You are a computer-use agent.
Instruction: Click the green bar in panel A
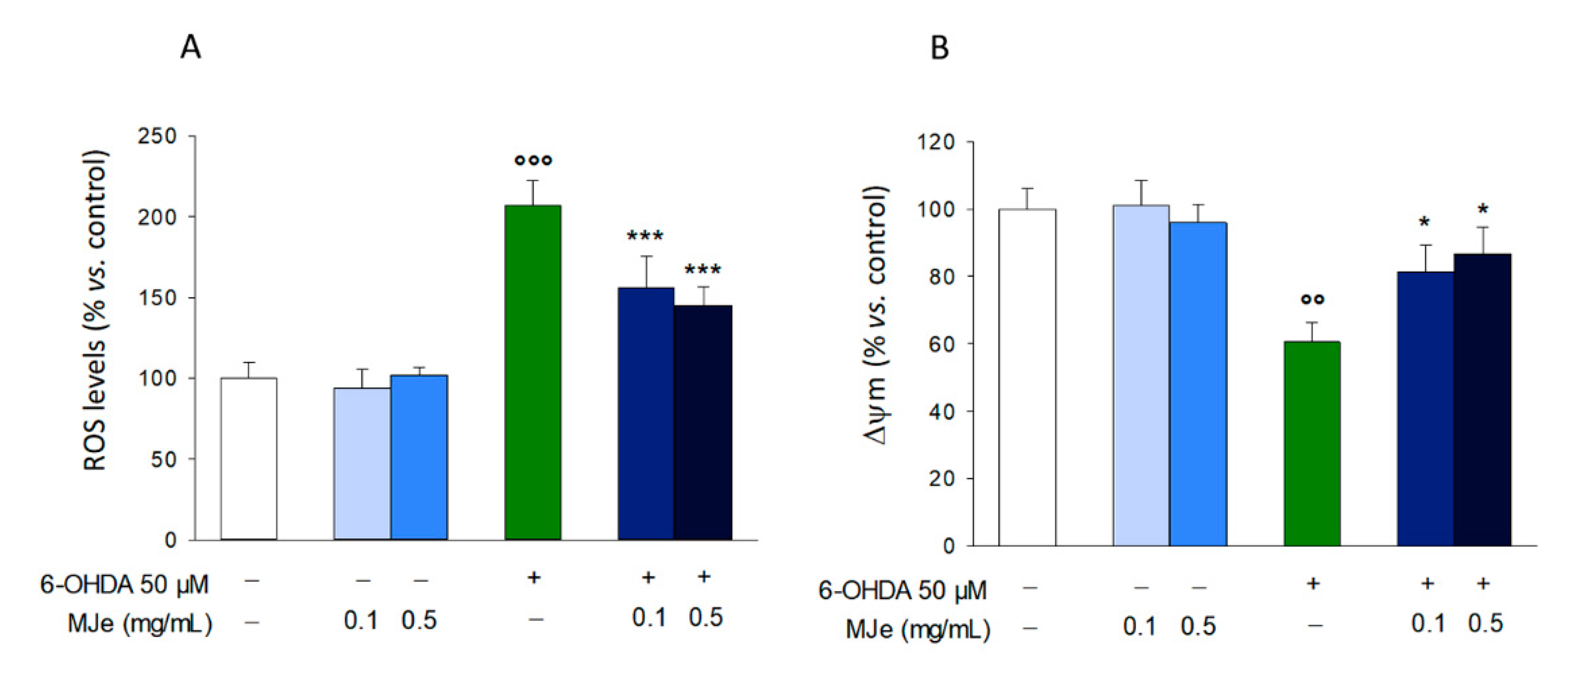click(x=532, y=373)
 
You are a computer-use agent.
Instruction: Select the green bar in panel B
click(x=1312, y=444)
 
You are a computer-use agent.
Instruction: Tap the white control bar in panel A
click(x=249, y=459)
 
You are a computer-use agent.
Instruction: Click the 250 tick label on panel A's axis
click(x=157, y=136)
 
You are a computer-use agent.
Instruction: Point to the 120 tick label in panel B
click(x=935, y=142)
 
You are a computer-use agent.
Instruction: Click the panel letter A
click(x=190, y=47)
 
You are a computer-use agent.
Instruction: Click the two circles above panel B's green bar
click(x=1313, y=299)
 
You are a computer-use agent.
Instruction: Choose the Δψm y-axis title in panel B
click(x=876, y=315)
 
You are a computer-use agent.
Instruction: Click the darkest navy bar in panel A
click(x=703, y=422)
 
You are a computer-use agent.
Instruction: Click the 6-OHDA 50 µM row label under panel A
click(x=124, y=585)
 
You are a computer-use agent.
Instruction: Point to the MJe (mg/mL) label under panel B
click(x=918, y=629)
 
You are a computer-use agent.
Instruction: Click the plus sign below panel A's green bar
click(x=534, y=577)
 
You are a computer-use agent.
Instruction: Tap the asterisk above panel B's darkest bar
click(x=1483, y=210)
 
